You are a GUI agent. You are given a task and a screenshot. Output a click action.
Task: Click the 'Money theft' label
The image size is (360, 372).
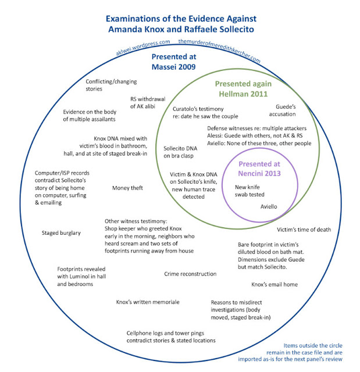[127, 188]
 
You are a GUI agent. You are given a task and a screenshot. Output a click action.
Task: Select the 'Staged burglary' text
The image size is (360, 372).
[61, 233]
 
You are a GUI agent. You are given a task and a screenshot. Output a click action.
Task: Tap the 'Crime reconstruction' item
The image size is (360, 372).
[190, 274]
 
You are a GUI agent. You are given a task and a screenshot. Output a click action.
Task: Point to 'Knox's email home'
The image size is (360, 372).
[275, 285]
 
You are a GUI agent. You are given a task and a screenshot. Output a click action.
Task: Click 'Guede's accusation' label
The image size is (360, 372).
[286, 110]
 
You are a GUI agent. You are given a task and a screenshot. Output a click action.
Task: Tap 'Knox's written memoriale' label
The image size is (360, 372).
[148, 302]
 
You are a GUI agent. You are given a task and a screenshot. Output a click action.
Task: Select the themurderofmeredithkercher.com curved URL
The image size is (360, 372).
[219, 49]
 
